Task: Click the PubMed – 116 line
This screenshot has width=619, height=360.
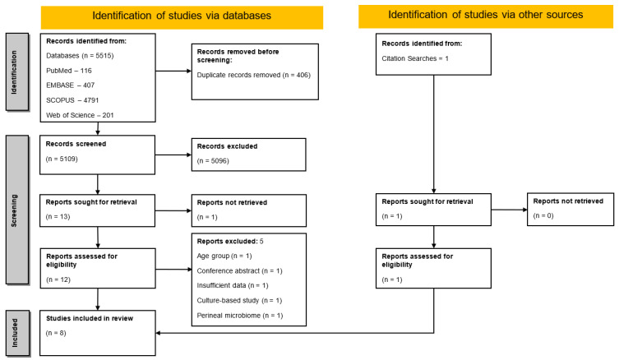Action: (69, 71)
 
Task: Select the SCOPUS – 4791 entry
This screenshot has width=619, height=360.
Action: (72, 100)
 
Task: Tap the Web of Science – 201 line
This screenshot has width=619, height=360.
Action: (80, 115)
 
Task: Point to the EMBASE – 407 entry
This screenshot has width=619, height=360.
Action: (70, 85)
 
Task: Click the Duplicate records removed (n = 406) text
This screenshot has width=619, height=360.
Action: (254, 75)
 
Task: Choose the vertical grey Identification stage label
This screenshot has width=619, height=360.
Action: (17, 72)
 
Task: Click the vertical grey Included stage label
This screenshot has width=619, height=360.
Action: (17, 333)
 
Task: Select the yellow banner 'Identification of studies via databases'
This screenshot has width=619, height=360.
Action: (182, 17)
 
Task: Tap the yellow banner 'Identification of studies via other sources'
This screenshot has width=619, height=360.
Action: (486, 16)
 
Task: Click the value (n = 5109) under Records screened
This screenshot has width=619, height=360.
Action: (62, 159)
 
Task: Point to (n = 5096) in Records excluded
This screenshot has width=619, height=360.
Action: (213, 160)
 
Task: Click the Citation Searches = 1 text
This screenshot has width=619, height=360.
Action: (415, 58)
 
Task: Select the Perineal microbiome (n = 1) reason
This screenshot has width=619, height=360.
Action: (240, 316)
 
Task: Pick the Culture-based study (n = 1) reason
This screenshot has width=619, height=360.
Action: (239, 300)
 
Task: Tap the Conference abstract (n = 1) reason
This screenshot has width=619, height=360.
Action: (239, 270)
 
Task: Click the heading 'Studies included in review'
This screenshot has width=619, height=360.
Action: (90, 318)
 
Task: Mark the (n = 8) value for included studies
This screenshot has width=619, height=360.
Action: (56, 333)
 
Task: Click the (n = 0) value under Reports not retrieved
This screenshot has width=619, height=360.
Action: (543, 215)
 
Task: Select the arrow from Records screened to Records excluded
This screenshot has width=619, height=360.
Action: (173, 155)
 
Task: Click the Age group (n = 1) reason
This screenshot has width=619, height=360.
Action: (224, 256)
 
